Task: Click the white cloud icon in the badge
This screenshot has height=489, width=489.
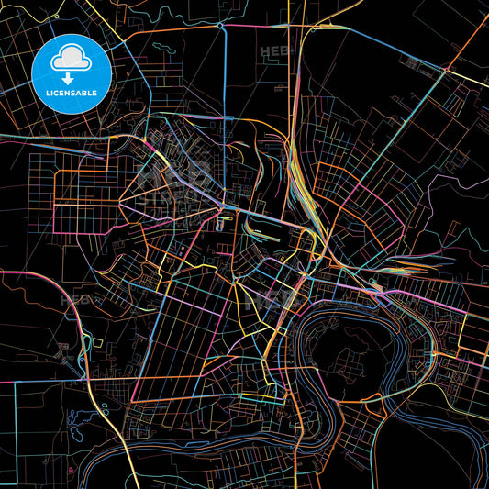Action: point(72,56)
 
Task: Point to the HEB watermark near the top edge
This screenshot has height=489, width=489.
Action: point(274,51)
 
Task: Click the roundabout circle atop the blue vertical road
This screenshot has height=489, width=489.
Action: point(221,28)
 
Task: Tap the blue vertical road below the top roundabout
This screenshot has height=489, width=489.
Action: point(224,92)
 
